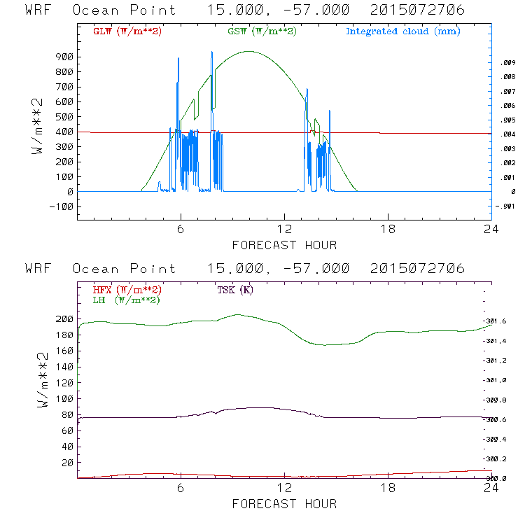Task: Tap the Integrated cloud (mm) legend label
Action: [x=403, y=31]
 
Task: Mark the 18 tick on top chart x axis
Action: [x=388, y=230]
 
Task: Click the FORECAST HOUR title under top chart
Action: [x=284, y=245]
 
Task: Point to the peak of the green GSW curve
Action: [x=248, y=51]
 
